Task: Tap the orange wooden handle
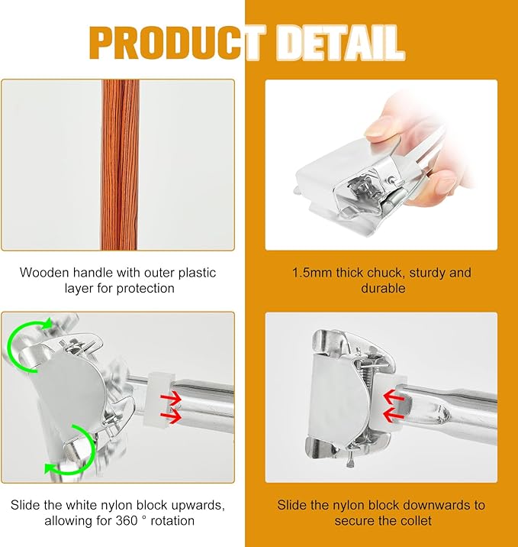(x=121, y=165)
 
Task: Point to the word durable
(x=383, y=288)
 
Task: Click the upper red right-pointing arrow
(x=171, y=398)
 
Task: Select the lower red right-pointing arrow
(x=171, y=416)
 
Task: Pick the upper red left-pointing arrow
(x=394, y=397)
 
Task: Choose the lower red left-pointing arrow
(x=394, y=414)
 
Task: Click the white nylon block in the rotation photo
(x=157, y=398)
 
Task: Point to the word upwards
(x=198, y=506)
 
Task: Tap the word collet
(x=415, y=521)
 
